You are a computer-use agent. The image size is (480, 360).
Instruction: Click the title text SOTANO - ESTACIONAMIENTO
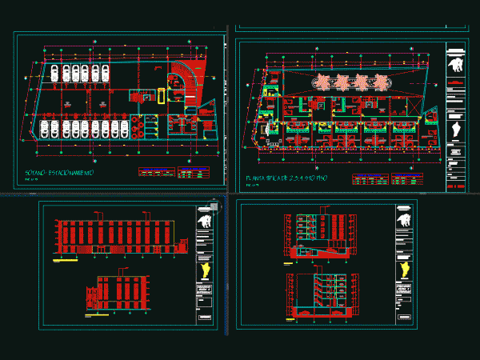pos(60,173)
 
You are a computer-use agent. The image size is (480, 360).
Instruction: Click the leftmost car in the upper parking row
pos(54,74)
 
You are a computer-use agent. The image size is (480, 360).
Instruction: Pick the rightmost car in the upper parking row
pos(106,74)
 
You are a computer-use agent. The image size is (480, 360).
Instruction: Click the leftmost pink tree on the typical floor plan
pos(324,80)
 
